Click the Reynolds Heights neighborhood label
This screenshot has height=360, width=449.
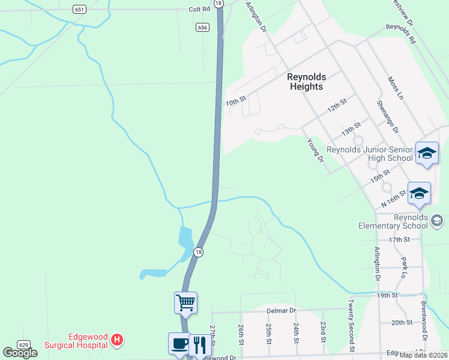click(306, 82)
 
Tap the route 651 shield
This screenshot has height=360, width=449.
click(79, 9)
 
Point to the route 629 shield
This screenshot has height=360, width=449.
click(23, 344)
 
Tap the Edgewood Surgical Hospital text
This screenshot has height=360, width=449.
click(76, 341)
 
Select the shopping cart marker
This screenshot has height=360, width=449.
click(185, 302)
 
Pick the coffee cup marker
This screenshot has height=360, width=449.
click(179, 343)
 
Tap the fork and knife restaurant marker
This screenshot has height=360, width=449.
click(200, 344)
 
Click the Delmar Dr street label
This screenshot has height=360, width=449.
click(282, 311)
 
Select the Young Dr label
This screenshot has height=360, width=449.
click(315, 151)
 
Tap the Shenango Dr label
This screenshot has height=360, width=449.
click(384, 114)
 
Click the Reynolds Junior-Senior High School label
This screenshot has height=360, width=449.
click(370, 154)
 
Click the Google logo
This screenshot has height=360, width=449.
click(20, 353)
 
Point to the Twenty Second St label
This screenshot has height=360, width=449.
click(351, 326)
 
